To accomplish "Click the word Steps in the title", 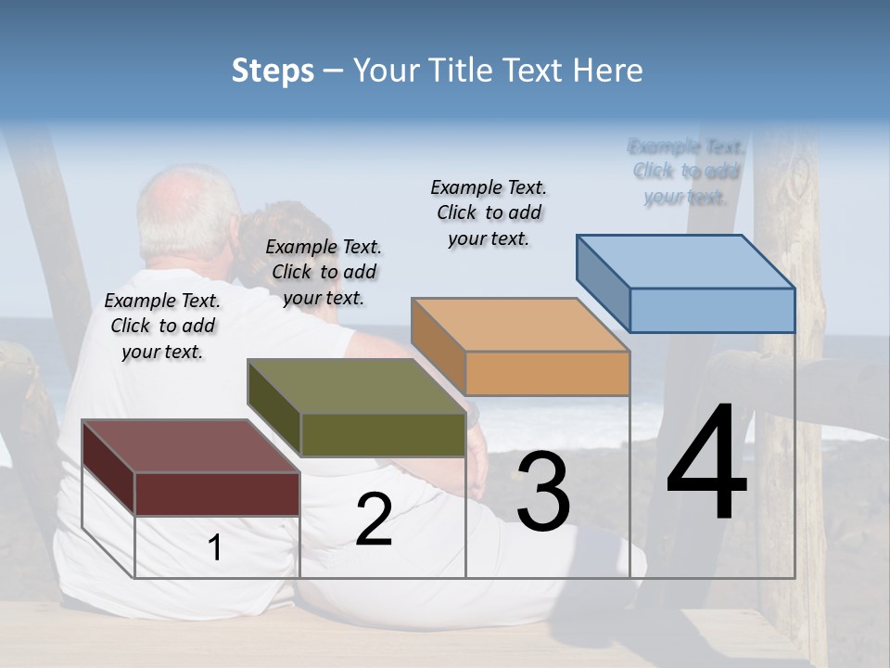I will [273, 71].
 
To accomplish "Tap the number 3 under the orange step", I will [543, 492].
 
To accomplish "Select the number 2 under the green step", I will [374, 520].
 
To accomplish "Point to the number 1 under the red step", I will [215, 548].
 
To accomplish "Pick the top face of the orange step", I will [520, 325].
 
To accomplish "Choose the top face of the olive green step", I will [356, 386].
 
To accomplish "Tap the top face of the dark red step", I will [190, 446].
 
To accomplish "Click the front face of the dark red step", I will [217, 494].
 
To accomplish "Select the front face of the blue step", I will [712, 310].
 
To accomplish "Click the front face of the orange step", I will [547, 373].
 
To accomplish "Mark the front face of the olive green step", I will [383, 434].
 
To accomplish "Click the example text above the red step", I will [162, 327].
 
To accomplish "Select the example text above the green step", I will [324, 272].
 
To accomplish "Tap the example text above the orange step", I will [489, 212].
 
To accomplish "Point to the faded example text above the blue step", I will [686, 172].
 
